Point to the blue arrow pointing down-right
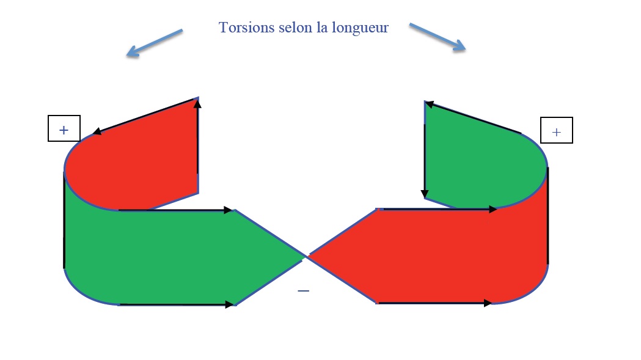[x=438, y=37]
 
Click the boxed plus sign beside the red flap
[x=64, y=129]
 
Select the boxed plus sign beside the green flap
[x=556, y=131]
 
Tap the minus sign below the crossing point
[x=303, y=291]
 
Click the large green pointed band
[x=177, y=257]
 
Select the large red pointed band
[x=440, y=257]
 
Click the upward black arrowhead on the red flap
[x=197, y=104]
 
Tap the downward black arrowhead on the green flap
[x=425, y=194]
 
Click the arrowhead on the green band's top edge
[x=229, y=210]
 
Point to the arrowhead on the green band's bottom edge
[x=230, y=304]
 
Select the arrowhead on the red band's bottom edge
[x=488, y=303]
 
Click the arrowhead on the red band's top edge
[x=493, y=209]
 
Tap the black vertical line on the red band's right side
[x=548, y=214]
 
